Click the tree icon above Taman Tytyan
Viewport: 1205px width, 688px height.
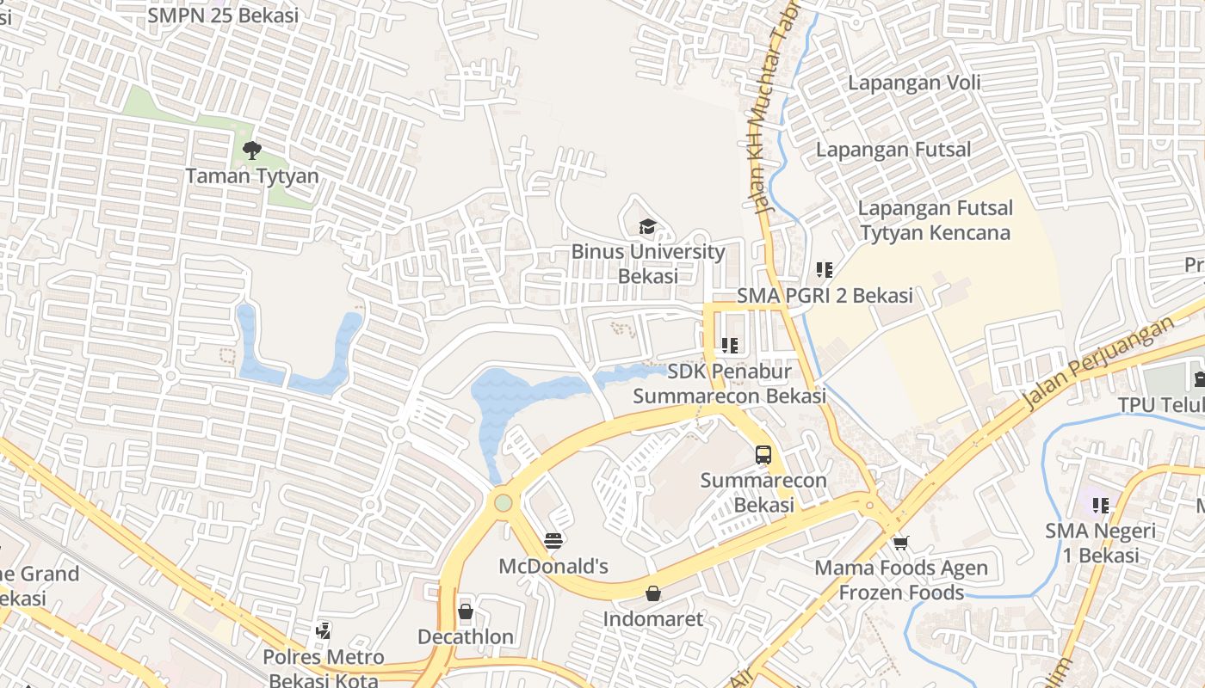(251, 151)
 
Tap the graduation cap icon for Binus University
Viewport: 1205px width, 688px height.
(646, 227)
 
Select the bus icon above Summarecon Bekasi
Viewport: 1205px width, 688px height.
(763, 455)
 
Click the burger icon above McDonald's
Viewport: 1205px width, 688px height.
(554, 541)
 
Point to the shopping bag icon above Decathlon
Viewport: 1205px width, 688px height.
(466, 611)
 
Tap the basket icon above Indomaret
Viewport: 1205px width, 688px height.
(653, 593)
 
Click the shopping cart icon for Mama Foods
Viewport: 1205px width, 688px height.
(900, 543)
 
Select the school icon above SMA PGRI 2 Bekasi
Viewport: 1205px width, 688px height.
(825, 270)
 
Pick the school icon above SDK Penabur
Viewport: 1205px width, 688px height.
(730, 346)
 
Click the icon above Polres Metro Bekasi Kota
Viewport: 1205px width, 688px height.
(324, 632)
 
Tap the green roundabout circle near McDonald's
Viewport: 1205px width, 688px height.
(503, 502)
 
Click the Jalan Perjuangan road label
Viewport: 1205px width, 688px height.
(1098, 363)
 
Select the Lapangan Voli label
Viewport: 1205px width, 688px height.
(914, 83)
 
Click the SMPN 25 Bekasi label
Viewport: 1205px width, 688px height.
(223, 15)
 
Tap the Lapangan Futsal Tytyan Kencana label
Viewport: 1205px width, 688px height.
(935, 220)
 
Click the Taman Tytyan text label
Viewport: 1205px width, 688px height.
(252, 176)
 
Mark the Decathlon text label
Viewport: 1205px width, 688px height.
(466, 637)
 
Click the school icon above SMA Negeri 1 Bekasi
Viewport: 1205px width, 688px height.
(1100, 505)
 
